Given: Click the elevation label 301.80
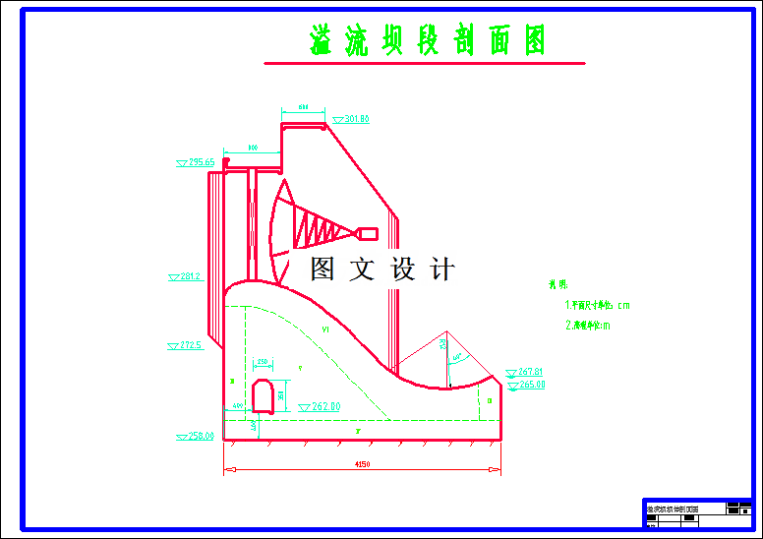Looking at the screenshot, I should (x=356, y=119).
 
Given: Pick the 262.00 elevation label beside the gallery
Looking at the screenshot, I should (x=324, y=406).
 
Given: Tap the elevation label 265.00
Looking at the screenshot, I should (x=531, y=385).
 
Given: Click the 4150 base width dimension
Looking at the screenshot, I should (x=362, y=464).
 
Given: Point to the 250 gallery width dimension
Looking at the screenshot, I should (x=263, y=363).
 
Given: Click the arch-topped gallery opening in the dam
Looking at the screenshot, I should (x=263, y=395).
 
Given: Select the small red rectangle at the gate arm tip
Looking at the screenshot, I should (x=368, y=233).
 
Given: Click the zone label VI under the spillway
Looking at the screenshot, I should (x=325, y=329).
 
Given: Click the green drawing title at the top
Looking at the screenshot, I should (x=426, y=41).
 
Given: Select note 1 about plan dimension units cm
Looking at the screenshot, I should (x=597, y=306).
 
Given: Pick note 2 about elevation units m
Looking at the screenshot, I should (x=587, y=326).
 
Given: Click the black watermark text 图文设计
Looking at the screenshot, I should (x=382, y=269).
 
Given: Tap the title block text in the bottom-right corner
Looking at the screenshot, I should (x=673, y=509).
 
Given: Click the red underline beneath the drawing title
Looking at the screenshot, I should (x=424, y=64).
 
